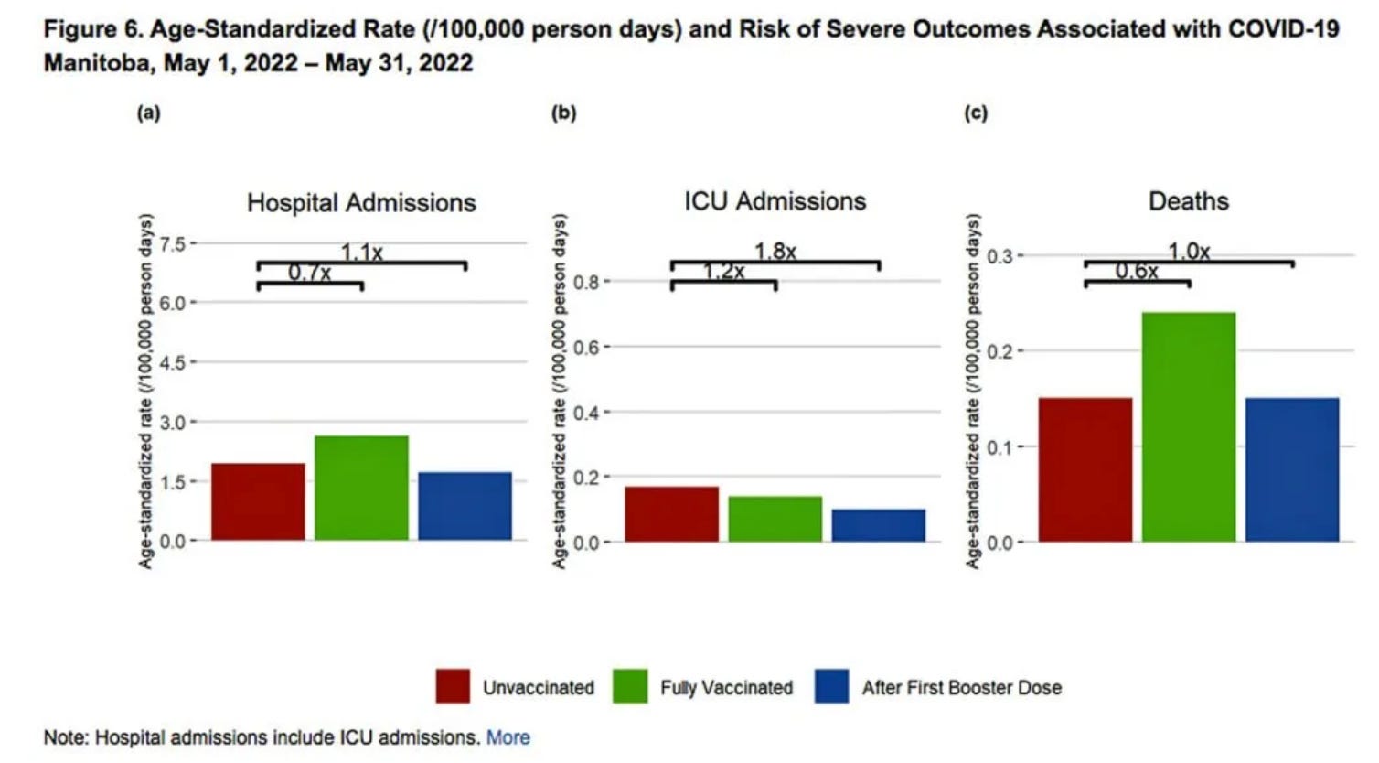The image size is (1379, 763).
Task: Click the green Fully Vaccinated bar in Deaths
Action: point(1189,426)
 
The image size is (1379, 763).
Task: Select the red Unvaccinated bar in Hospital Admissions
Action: point(258,501)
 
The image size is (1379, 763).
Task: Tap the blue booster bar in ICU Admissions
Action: point(879,525)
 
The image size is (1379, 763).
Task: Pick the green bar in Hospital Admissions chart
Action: point(361,488)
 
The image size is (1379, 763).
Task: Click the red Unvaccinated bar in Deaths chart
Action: point(1085,469)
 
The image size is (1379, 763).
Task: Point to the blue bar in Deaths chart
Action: point(1292,469)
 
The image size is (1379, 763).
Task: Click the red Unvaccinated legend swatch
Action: point(453,687)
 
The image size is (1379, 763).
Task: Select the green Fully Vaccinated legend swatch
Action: point(630,687)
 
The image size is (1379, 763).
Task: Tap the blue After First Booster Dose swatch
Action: point(831,687)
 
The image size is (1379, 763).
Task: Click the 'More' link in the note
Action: point(508,737)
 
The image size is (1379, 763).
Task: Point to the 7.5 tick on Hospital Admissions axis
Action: point(172,243)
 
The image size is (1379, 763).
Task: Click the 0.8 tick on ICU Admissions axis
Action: point(586,282)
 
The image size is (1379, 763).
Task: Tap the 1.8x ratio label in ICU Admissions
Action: point(775,251)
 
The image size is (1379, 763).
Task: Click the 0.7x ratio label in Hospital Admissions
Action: point(309,273)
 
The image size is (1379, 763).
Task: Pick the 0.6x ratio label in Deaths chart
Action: point(1136,271)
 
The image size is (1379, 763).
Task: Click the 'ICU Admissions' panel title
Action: point(775,201)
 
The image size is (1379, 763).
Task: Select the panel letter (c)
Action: point(976,113)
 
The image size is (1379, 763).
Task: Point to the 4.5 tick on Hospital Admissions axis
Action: point(172,362)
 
